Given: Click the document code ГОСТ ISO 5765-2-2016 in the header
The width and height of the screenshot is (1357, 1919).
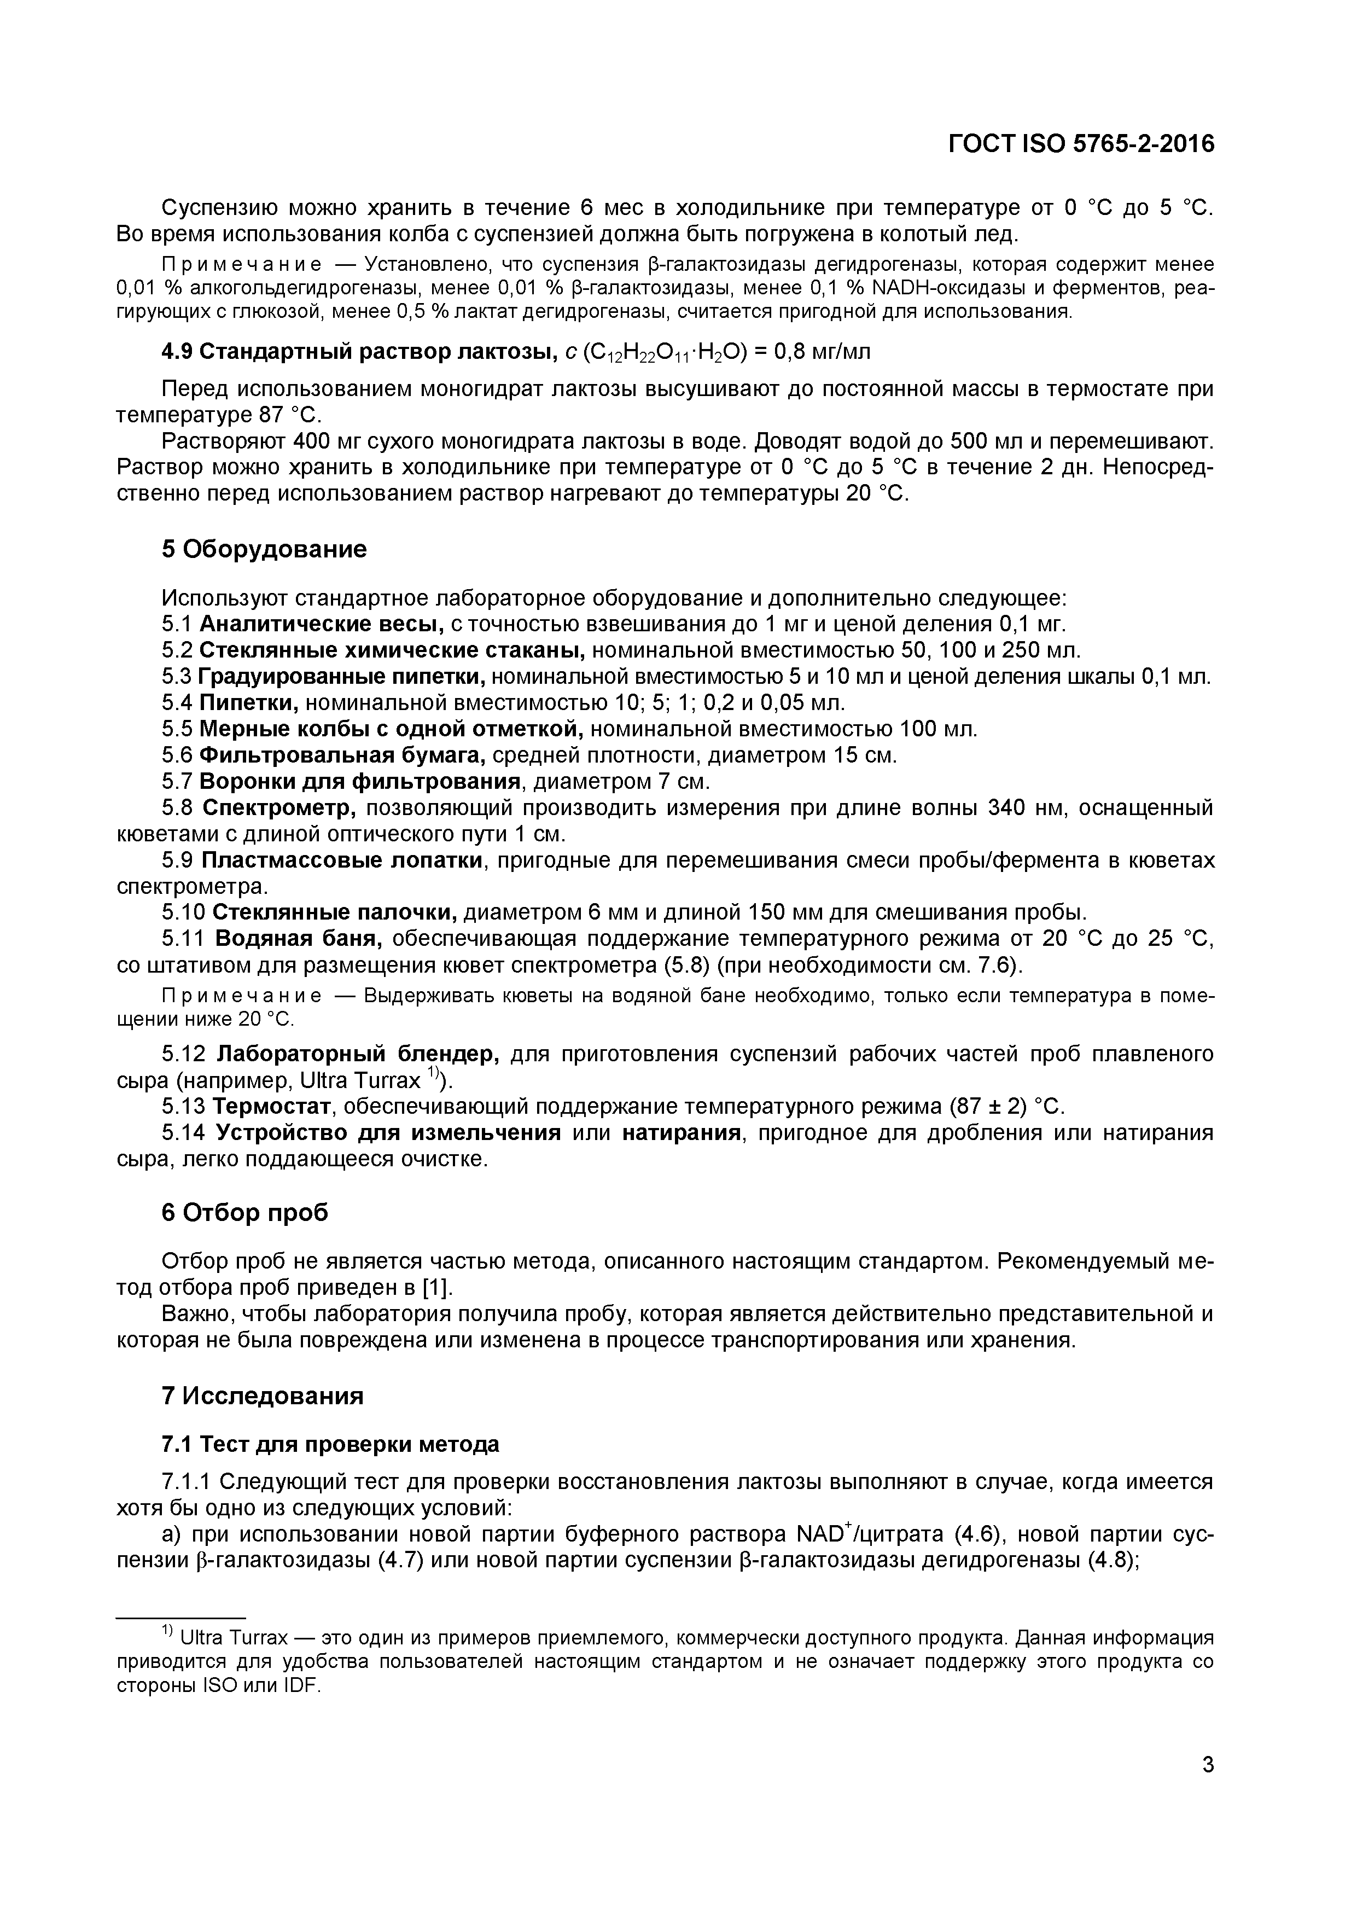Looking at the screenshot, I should tap(1080, 144).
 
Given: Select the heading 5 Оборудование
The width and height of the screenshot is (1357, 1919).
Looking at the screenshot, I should tap(264, 549).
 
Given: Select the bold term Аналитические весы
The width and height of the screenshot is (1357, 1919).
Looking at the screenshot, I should tap(322, 624).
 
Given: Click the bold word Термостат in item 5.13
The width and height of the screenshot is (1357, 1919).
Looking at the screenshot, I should tap(272, 1107).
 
